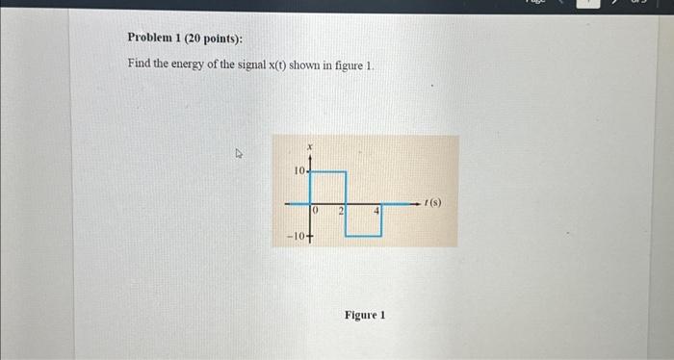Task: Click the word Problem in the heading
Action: [x=149, y=38]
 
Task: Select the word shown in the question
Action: [x=325, y=64]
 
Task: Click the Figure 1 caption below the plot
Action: [x=365, y=315]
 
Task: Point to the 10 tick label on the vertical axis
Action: [x=298, y=170]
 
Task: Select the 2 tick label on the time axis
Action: [x=341, y=209]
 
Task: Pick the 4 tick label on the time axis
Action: [x=377, y=209]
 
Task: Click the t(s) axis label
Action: [x=434, y=204]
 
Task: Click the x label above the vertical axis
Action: [x=309, y=146]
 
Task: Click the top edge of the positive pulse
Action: [x=328, y=172]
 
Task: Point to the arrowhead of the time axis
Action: [x=422, y=204]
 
